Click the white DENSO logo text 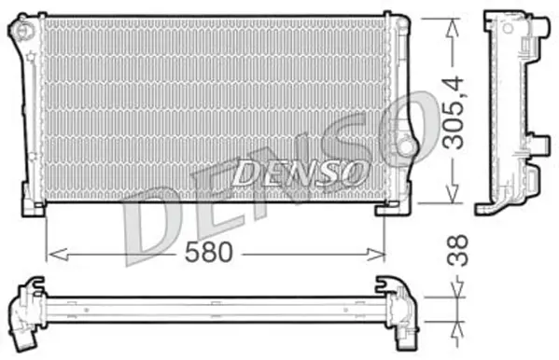[298, 172]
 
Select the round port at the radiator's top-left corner [19, 30]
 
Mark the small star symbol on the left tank [31, 58]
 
